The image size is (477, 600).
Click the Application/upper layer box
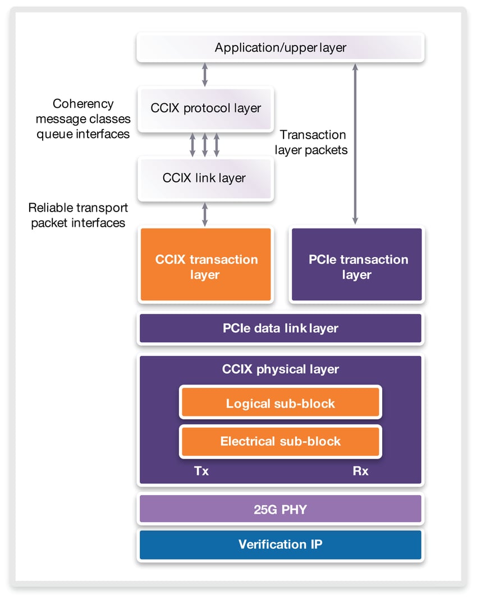tap(280, 48)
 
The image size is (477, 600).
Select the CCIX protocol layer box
tap(205, 108)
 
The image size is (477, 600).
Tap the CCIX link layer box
tap(205, 178)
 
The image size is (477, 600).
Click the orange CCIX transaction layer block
tap(205, 267)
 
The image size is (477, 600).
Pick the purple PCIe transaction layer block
tap(356, 267)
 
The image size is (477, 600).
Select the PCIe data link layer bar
tap(280, 328)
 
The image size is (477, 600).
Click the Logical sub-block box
tap(280, 403)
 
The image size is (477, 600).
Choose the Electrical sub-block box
tap(280, 441)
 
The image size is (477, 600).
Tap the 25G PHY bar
tap(280, 510)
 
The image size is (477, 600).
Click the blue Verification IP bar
tap(280, 544)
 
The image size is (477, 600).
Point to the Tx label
tap(201, 471)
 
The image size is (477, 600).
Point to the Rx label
tap(360, 471)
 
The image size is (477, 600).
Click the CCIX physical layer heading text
tap(280, 369)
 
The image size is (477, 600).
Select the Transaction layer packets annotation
tap(313, 142)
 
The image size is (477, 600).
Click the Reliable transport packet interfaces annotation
tap(79, 216)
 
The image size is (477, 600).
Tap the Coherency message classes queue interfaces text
tap(83, 119)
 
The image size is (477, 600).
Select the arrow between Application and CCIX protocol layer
tap(205, 75)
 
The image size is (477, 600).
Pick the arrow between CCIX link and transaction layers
tap(205, 214)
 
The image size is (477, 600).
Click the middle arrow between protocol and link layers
tap(205, 145)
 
